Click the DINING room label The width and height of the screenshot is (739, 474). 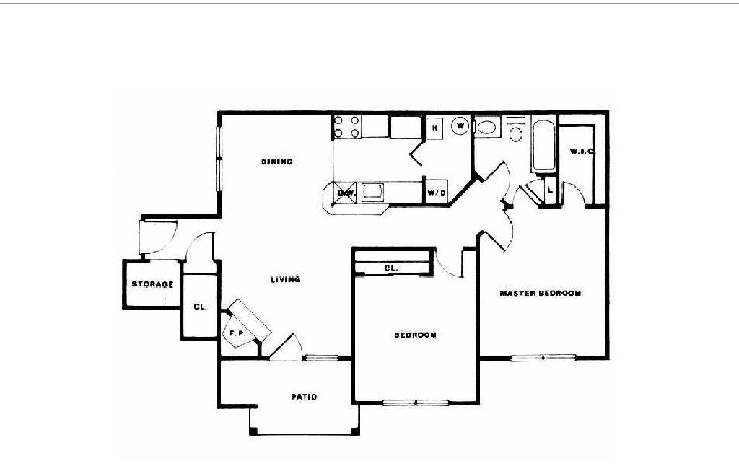(277, 162)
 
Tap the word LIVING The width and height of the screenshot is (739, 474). (286, 280)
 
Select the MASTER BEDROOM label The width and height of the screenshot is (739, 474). (541, 294)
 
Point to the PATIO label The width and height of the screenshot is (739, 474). (304, 397)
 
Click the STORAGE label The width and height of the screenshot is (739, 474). (152, 284)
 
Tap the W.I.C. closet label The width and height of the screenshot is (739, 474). (580, 152)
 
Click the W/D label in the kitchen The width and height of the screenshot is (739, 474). (435, 193)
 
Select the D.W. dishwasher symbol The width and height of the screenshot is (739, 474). (345, 193)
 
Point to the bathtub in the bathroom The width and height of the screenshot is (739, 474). (544, 146)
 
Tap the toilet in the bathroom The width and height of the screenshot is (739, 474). (515, 132)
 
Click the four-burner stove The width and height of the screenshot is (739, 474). (346, 128)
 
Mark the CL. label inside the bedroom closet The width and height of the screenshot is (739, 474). (392, 268)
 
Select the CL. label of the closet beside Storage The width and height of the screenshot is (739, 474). (200, 307)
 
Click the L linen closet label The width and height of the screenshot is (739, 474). (550, 189)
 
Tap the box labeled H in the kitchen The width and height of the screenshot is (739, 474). (434, 128)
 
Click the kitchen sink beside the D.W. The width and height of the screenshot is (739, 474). (374, 192)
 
